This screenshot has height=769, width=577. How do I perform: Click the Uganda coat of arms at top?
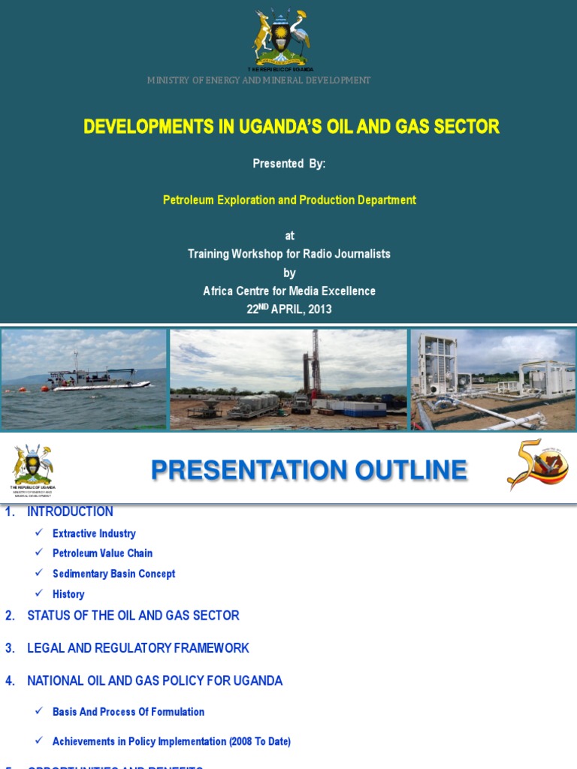pos(280,38)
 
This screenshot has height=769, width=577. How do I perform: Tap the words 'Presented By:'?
pos(289,164)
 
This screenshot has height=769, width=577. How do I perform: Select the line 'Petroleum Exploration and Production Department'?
pos(289,200)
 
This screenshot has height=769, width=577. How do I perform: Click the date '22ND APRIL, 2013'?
pos(289,309)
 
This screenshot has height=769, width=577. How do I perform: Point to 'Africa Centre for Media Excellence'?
pos(289,291)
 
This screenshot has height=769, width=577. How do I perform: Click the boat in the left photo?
pos(98,379)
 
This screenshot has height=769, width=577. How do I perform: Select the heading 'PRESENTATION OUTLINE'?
pos(309,471)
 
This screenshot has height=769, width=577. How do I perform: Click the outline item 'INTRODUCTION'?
pos(70,512)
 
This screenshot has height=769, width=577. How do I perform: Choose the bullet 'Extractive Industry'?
pos(94,534)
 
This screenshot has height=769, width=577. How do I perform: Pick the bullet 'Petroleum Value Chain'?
pos(102,553)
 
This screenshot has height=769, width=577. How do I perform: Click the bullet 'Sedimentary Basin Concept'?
pos(113,574)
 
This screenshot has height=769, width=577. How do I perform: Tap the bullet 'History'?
pos(68,594)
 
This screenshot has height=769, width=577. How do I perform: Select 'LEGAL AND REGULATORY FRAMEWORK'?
pos(137,648)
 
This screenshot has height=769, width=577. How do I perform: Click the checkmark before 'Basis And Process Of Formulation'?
pos(39,711)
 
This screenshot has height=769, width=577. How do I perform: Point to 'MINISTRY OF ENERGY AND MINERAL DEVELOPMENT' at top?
pos(258,80)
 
